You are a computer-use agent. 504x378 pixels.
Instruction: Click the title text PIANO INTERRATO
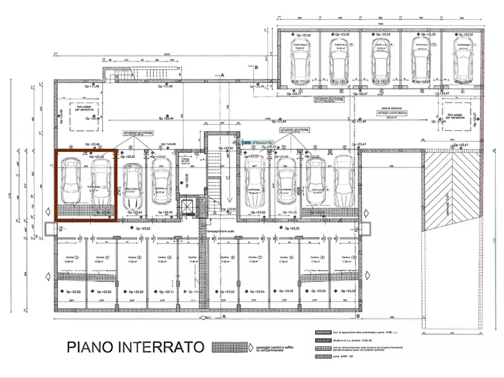click(135, 346)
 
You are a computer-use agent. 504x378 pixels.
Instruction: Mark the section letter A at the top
click(223, 74)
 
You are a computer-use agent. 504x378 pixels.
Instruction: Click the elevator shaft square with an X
click(187, 206)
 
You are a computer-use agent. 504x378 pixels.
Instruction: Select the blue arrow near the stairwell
click(246, 142)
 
